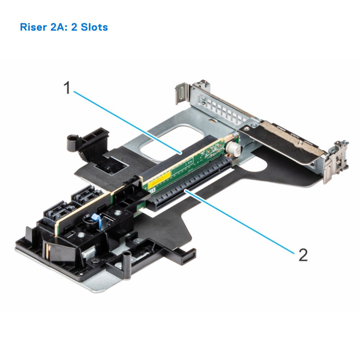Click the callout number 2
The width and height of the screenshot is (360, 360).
pyautogui.click(x=303, y=255)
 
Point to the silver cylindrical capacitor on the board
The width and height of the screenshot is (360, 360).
pyautogui.click(x=234, y=149)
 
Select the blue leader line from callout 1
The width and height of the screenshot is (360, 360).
pyautogui.click(x=126, y=121)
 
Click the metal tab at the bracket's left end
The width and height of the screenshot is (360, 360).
pyautogui.click(x=182, y=93)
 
